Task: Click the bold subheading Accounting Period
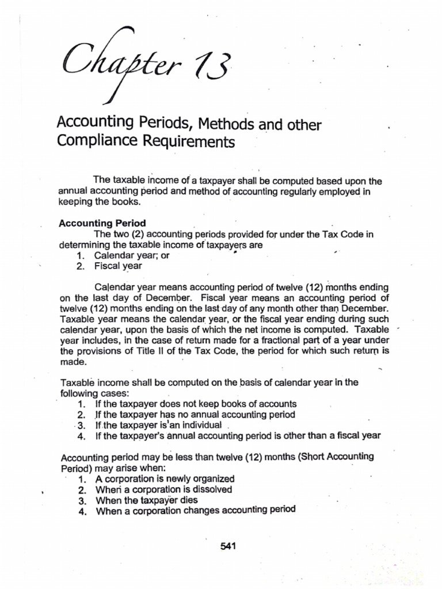(102, 223)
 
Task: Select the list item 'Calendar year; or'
(132, 255)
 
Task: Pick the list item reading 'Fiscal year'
(118, 266)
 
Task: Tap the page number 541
(228, 546)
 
